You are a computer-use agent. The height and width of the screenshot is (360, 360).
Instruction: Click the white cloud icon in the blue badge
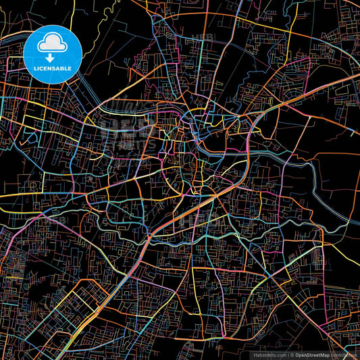click(53, 44)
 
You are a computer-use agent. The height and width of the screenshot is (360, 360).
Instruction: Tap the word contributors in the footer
click(344, 355)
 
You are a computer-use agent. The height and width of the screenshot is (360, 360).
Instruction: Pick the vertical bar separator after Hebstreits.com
click(286, 355)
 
